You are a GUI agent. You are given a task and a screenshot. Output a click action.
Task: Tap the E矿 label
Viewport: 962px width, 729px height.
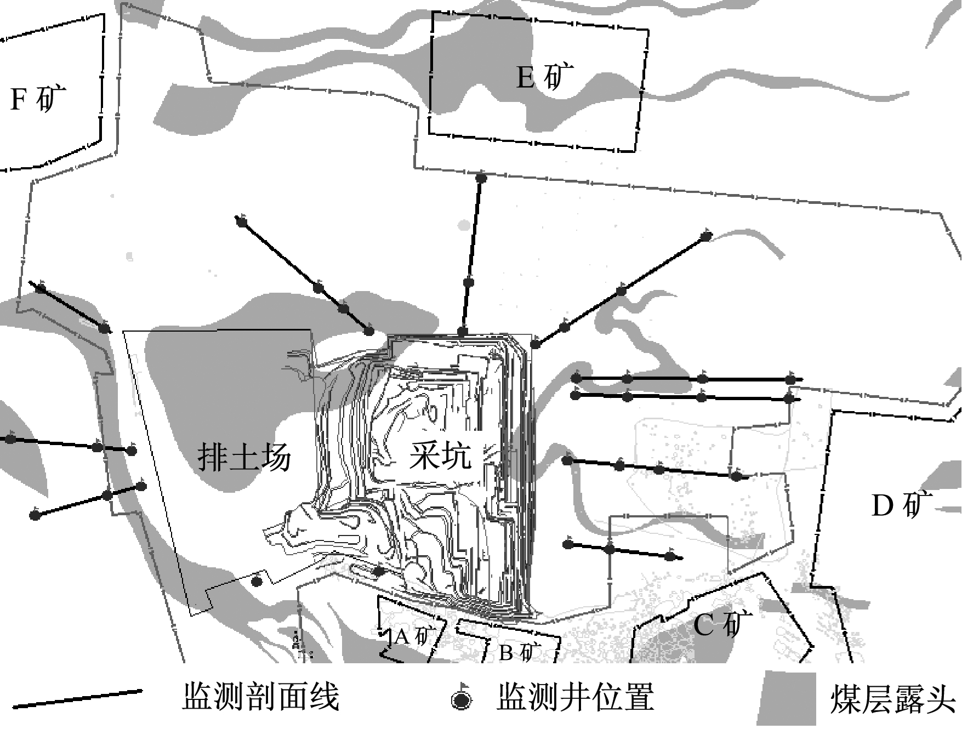[x=545, y=77]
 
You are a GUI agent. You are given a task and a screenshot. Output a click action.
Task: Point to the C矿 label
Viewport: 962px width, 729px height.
[x=723, y=624]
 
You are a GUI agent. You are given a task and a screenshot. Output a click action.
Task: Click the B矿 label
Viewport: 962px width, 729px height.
[x=520, y=653]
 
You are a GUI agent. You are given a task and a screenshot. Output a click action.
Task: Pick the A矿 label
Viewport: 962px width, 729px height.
[x=415, y=636]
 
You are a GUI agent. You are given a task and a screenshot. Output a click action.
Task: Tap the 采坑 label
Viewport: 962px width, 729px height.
[x=440, y=455]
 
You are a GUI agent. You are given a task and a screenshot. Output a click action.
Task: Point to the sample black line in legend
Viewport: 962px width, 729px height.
[x=78, y=698]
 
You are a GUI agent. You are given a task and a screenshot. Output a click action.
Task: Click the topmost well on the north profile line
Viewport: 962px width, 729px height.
[x=481, y=178]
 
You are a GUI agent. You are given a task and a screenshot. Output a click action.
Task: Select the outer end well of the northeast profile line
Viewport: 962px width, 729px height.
[x=706, y=237]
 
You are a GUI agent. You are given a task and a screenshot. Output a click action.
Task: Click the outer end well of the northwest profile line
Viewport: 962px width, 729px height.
[x=241, y=221]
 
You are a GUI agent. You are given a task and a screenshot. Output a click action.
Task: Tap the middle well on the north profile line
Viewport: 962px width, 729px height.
[x=469, y=282]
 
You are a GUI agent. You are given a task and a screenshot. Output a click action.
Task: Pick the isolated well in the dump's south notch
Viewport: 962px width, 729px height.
[x=257, y=581]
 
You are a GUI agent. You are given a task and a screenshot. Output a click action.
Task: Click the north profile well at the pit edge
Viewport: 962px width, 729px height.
[x=463, y=332]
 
